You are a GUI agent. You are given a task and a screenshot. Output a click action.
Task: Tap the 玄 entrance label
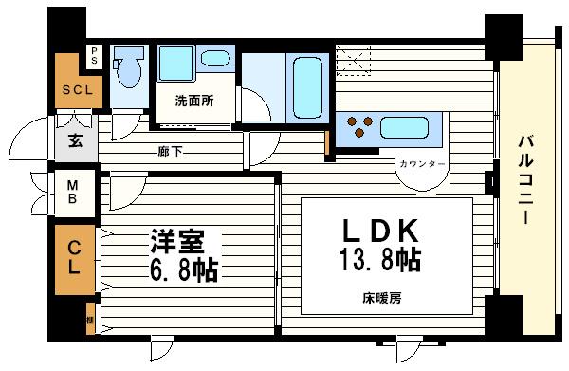click(x=74, y=141)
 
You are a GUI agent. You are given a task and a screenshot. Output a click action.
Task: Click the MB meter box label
click(x=71, y=193)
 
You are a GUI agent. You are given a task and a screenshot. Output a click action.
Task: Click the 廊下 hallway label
click(x=171, y=151)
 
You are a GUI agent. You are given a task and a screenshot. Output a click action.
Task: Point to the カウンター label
click(x=421, y=165)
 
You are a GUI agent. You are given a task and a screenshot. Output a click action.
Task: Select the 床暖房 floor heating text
click(x=382, y=300)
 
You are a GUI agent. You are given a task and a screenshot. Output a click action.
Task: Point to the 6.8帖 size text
click(x=182, y=270)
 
